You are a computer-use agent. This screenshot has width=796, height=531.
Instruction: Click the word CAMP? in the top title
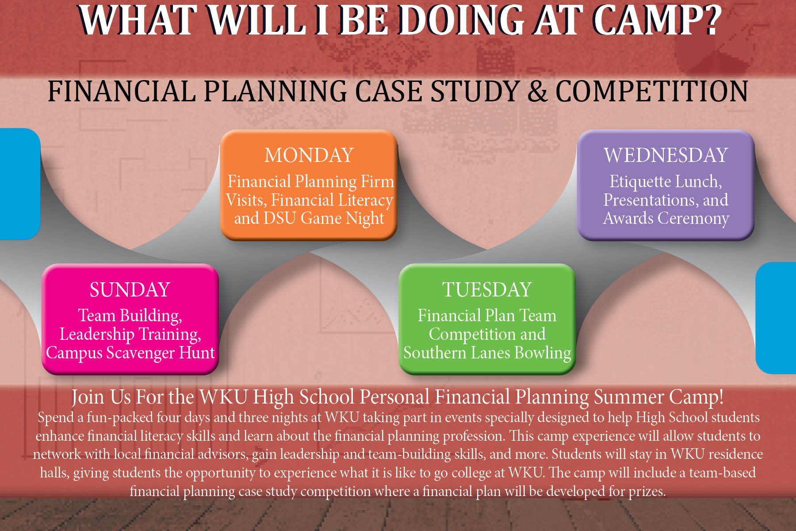pyautogui.click(x=657, y=20)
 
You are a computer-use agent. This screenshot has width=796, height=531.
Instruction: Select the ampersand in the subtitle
pyautogui.click(x=537, y=92)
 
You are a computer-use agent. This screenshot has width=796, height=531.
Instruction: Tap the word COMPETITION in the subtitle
pyautogui.click(x=651, y=92)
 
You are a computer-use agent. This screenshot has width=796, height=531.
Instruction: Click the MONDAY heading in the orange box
pyautogui.click(x=309, y=155)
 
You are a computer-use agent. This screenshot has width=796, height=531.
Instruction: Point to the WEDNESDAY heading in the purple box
pyautogui.click(x=666, y=155)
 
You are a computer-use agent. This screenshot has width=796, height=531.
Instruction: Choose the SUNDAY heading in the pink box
pyautogui.click(x=130, y=290)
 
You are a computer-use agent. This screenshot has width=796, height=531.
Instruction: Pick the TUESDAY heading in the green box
pyautogui.click(x=487, y=290)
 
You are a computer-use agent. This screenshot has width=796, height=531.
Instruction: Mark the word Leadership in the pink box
pyautogui.click(x=97, y=335)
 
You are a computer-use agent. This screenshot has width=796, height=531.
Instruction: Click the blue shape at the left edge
pyautogui.click(x=19, y=184)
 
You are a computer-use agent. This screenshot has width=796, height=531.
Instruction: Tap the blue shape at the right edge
pyautogui.click(x=776, y=318)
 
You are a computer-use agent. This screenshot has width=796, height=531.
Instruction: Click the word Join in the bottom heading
pyautogui.click(x=88, y=397)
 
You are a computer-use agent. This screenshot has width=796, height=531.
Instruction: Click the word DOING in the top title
pyautogui.click(x=461, y=20)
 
